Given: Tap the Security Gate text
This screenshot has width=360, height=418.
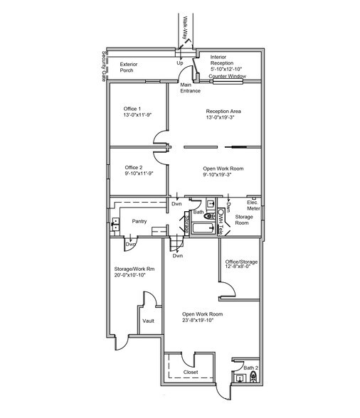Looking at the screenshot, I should [104, 64].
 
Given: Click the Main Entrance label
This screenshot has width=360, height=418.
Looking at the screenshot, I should [190, 88].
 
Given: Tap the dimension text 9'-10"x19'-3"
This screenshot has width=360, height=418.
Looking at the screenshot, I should [223, 174].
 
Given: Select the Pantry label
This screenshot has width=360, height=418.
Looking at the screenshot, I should [139, 221].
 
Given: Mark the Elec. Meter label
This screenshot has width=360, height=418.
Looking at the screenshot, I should [253, 204].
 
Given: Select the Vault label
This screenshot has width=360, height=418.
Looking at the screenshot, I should [148, 321].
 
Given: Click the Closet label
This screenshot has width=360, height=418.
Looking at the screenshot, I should [191, 372].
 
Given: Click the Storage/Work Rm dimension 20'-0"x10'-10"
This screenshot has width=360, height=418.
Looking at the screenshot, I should [134, 274].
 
